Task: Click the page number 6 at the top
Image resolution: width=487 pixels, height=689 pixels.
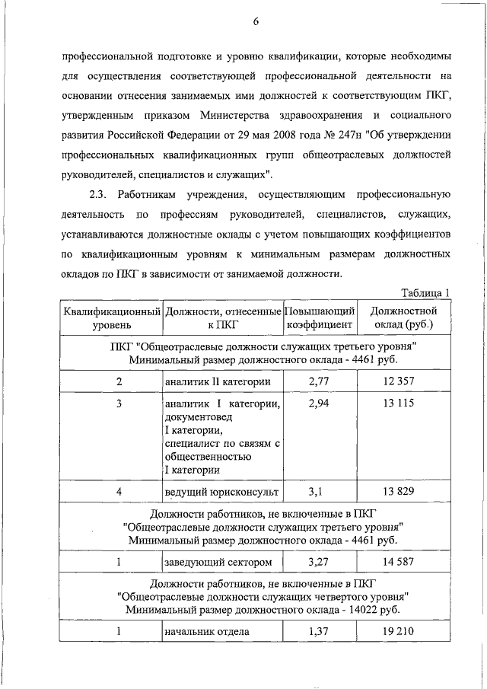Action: tap(256, 21)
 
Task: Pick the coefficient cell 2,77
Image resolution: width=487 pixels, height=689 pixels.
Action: tap(320, 380)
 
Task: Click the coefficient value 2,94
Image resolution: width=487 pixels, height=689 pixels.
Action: tap(320, 404)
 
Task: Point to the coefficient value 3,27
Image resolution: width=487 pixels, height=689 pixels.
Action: tap(320, 562)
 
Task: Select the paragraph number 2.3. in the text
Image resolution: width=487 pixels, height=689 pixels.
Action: tap(103, 195)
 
